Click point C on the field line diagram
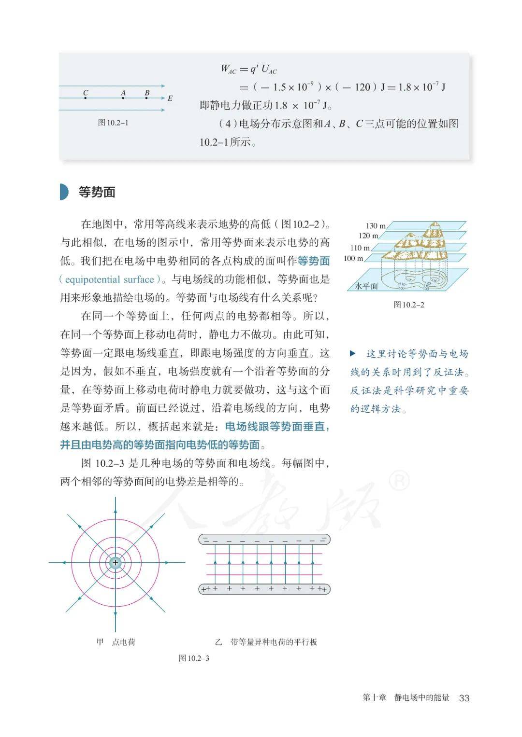point(86,97)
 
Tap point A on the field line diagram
point(123,97)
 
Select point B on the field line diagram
point(147,97)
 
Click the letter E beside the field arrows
point(170,98)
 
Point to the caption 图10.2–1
point(113,123)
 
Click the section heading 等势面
point(97,192)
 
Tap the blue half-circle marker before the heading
point(64,192)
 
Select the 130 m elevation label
point(376,226)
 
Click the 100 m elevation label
point(353,259)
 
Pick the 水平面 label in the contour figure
point(366,286)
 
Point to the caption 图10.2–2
point(409,305)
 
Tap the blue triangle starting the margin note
point(353,354)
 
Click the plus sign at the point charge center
point(115,562)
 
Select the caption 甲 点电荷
point(116,642)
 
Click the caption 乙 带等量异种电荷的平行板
point(266,642)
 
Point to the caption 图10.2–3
point(194,658)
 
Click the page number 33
point(464,698)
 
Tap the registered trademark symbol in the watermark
point(399,480)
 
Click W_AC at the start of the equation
point(228,69)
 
